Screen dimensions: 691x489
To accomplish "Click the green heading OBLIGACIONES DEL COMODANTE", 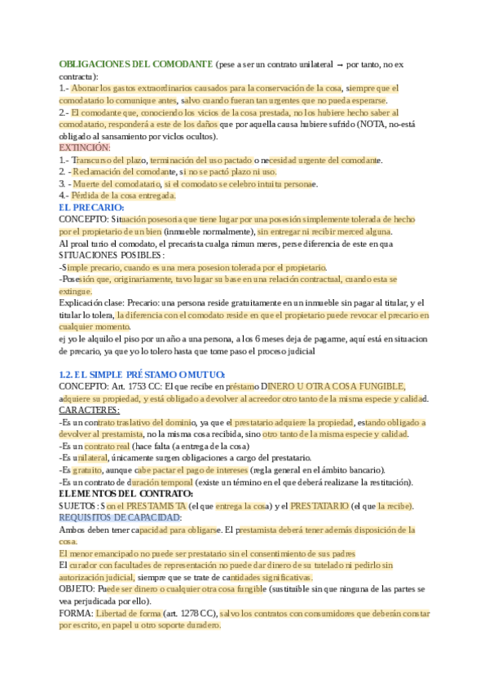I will (136, 64).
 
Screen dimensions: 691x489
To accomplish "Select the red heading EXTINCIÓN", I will (85, 148).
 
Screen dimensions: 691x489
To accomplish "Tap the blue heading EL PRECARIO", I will (90, 208).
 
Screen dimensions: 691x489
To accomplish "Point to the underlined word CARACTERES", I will (90, 411).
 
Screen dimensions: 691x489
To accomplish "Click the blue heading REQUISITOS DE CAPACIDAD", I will (120, 518).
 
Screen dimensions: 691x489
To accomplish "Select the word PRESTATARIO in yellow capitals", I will (322, 506).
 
